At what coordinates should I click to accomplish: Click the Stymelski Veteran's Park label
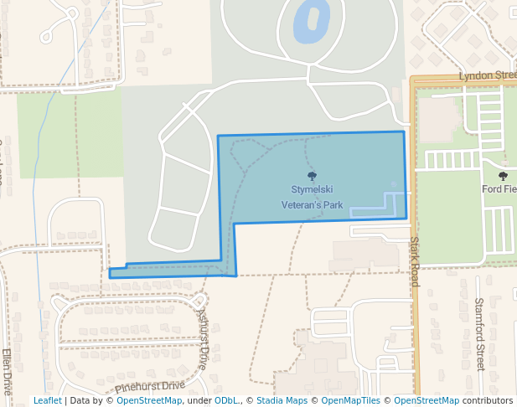[312, 197]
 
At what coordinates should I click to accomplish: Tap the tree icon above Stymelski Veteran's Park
[313, 176]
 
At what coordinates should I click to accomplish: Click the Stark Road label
[414, 262]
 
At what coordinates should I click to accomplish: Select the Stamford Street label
[480, 333]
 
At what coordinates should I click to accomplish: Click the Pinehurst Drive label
[150, 386]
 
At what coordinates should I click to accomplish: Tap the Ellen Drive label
[8, 372]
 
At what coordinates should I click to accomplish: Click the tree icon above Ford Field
[503, 176]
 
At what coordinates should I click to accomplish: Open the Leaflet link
[47, 401]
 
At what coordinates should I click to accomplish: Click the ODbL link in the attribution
[225, 401]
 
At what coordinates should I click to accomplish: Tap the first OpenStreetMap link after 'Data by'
[148, 401]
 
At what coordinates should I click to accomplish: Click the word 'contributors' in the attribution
[487, 401]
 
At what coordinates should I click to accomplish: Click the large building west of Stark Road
[365, 253]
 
